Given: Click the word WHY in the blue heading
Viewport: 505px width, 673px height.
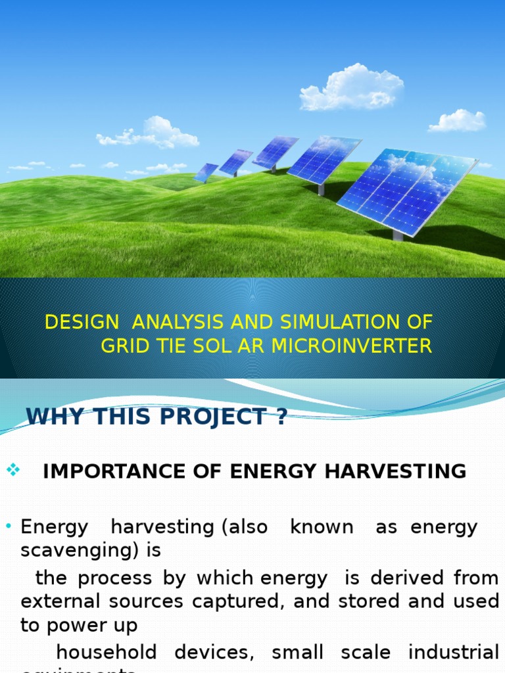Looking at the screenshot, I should click(51, 417).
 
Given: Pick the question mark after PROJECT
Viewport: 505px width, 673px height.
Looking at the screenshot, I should click(281, 417).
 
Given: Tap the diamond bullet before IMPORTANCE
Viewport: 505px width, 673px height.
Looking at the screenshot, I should click(13, 469).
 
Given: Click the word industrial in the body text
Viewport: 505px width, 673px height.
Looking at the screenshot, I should click(453, 653).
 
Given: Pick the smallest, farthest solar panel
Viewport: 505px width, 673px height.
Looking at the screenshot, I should click(206, 172).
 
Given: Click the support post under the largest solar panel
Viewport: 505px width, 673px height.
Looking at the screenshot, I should click(397, 234).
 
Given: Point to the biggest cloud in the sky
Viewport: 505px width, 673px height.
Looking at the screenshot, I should click(351, 88).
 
